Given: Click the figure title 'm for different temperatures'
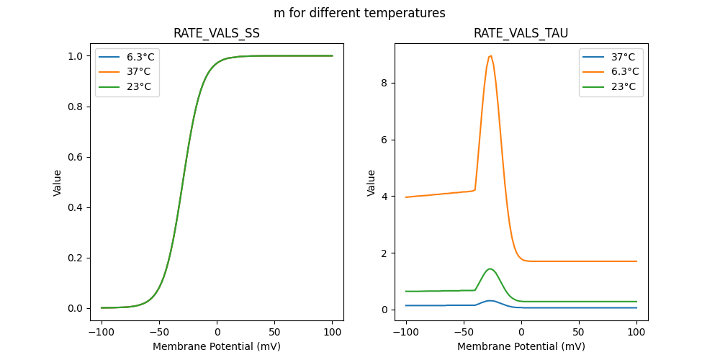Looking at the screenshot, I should pyautogui.click(x=359, y=13).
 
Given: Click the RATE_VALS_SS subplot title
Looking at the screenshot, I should pyautogui.click(x=217, y=33).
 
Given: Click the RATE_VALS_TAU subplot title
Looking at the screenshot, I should pyautogui.click(x=521, y=33).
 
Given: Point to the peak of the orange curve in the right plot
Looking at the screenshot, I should pyautogui.click(x=490, y=55).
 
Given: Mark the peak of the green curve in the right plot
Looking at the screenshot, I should pyautogui.click(x=490, y=269).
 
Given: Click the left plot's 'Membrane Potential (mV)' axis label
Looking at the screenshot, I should pyautogui.click(x=217, y=346).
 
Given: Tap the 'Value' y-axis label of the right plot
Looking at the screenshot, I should pyautogui.click(x=372, y=183).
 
